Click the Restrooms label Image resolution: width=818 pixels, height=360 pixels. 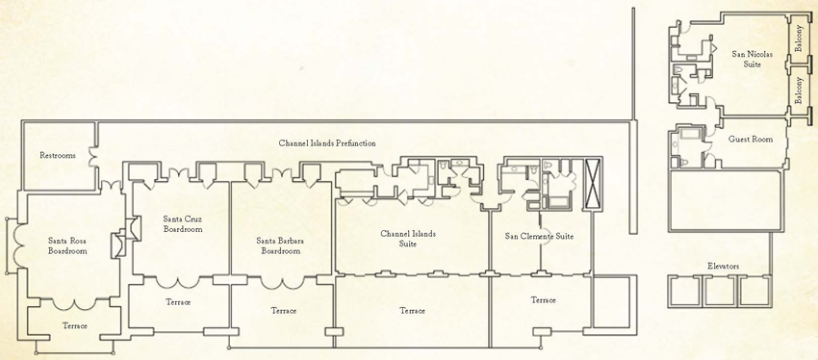point(58,155)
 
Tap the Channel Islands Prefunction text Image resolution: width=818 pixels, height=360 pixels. point(327,143)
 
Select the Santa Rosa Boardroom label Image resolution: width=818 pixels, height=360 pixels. point(67,245)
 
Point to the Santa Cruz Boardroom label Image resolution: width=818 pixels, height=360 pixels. point(182,224)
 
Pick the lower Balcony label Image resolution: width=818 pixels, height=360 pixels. point(799,90)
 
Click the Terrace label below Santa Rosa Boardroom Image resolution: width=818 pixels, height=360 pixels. point(74,325)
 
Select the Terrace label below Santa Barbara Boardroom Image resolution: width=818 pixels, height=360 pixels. point(283,311)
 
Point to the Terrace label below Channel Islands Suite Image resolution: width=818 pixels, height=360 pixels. point(413,311)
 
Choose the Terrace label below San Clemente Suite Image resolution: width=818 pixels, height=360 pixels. point(544,300)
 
